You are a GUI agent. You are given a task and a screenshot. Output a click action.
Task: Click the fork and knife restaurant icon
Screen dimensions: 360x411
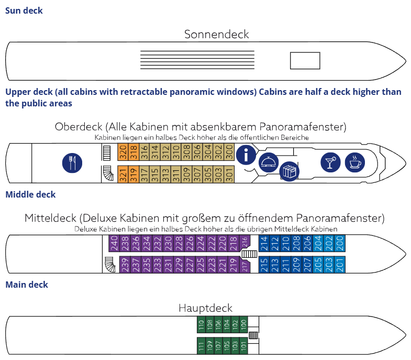[72, 162]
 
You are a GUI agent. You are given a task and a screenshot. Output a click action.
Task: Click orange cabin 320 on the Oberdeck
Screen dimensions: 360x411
[123, 152]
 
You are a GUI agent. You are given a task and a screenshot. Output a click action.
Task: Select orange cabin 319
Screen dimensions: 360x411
[133, 173]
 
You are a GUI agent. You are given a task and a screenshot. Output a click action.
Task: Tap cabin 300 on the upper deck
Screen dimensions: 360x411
[229, 152]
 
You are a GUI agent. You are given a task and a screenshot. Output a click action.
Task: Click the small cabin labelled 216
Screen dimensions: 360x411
[246, 242]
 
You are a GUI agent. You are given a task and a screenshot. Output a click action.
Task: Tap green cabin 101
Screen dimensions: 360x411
[243, 346]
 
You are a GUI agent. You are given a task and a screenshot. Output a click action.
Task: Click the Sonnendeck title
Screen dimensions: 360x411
[216, 35]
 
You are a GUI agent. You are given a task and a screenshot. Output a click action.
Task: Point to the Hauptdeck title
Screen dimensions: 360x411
[205, 308]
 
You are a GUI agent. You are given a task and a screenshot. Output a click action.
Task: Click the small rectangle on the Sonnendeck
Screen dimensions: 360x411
[305, 60]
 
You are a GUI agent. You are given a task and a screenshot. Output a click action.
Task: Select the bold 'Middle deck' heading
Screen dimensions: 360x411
[30, 194]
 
